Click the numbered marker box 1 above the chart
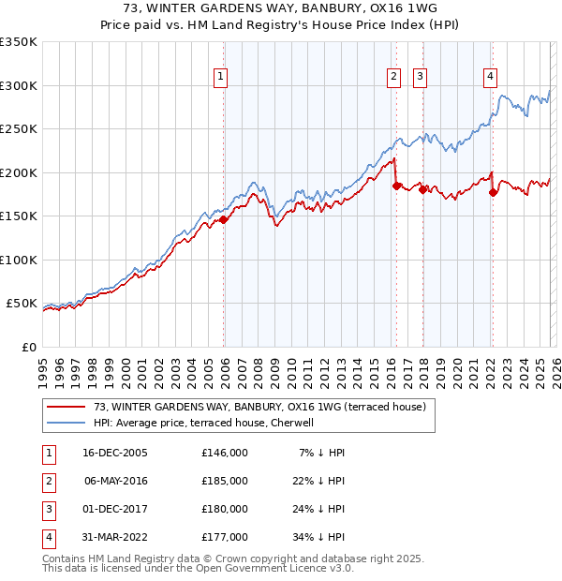click(221, 77)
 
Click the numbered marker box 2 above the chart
click(393, 77)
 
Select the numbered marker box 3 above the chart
click(420, 77)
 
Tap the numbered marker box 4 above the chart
click(490, 77)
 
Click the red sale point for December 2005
click(224, 220)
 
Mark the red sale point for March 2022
click(494, 193)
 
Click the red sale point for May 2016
click(396, 186)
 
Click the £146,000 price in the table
click(224, 453)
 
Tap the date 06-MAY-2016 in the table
click(115, 481)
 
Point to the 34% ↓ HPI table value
click(318, 537)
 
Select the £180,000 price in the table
click(224, 509)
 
